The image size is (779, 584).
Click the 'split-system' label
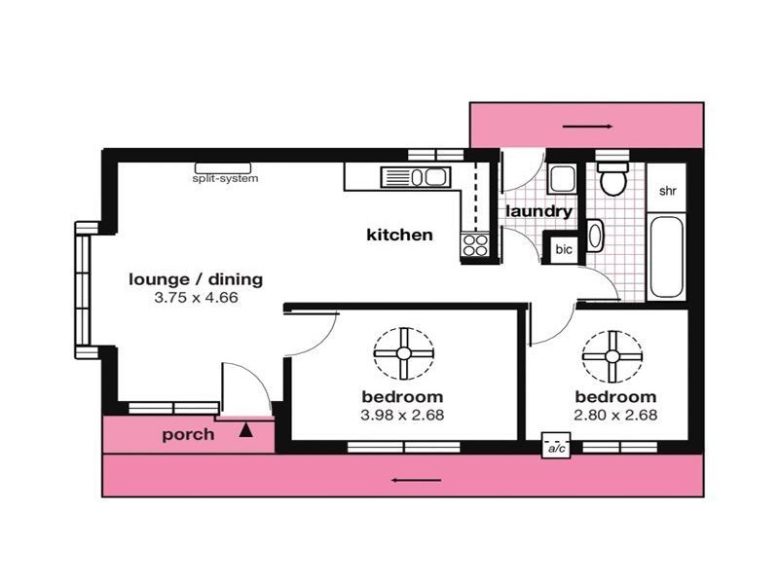(225, 178)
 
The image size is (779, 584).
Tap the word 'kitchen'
(399, 235)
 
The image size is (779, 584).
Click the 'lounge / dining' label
(196, 279)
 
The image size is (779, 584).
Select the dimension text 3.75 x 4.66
(196, 298)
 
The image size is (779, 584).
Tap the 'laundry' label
(538, 210)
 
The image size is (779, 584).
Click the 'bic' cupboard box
(564, 248)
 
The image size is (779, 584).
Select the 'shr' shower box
(669, 191)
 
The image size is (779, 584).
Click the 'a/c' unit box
(556, 447)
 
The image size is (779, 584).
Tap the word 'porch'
(188, 434)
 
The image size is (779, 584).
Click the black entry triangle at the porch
(246, 426)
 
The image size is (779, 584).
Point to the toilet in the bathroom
(612, 178)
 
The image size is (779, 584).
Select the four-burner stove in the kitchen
(475, 244)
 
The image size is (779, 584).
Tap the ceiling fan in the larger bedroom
(402, 354)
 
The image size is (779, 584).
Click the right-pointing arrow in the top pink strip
(587, 127)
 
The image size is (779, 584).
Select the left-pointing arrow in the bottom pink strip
(415, 479)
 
